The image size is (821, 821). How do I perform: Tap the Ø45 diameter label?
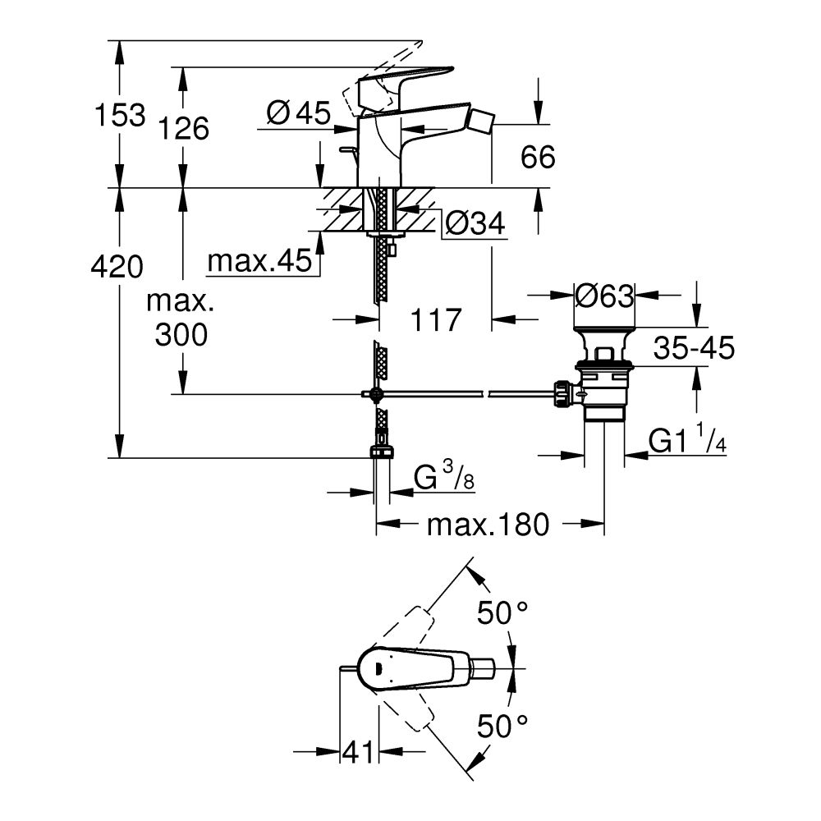298,112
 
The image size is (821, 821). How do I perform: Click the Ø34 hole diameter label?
474,222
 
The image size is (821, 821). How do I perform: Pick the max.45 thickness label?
259,262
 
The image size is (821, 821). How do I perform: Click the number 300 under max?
178,334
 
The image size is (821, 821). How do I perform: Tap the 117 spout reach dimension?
435,319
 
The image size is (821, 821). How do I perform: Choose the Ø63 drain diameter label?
604,295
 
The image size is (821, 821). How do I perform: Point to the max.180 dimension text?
487,525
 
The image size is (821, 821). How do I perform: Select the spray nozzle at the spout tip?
479,121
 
